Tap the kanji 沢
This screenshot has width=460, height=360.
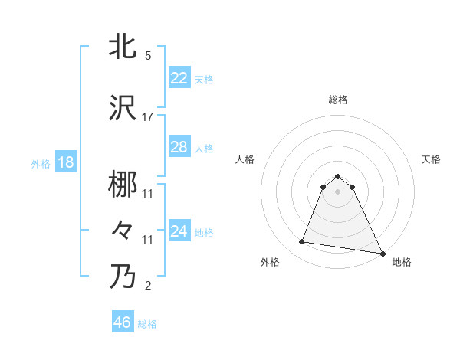[x=123, y=109]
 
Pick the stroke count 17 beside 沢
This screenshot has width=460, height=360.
[x=148, y=117]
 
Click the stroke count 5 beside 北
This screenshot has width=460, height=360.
[x=148, y=56]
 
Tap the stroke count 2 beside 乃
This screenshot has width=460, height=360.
[x=148, y=286]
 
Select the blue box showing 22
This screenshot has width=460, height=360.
[x=179, y=78]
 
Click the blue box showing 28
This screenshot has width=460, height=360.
[x=179, y=147]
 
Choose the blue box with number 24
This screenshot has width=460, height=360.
[x=179, y=231]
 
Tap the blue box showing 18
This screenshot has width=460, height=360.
[x=65, y=162]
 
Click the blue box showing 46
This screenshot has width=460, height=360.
[x=123, y=322]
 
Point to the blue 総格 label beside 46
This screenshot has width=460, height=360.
[x=147, y=324]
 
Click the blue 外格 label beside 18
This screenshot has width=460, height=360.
[x=41, y=163]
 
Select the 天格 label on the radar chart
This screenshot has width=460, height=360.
[x=431, y=159]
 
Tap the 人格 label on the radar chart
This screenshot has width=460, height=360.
[x=245, y=159]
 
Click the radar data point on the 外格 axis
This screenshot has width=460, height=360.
[x=302, y=242]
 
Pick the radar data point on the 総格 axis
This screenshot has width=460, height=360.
[x=337, y=176]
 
